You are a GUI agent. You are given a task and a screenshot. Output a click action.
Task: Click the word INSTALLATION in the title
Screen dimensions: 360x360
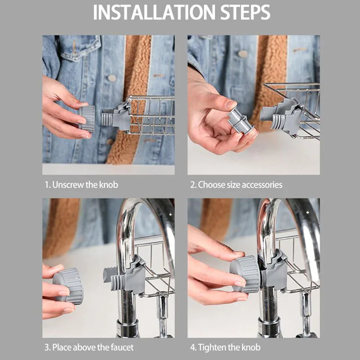[x=154, y=13]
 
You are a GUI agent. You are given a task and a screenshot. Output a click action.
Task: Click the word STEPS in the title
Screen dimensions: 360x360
[x=245, y=13]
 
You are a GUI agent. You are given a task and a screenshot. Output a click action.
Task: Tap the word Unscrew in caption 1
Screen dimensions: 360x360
[x=68, y=185]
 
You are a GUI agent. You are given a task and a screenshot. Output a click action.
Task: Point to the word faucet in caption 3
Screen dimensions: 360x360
[x=122, y=347]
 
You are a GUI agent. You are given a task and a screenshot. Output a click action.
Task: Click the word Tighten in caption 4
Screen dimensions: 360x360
[x=212, y=347]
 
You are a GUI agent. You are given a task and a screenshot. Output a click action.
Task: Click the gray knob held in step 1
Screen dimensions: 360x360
[x=87, y=119]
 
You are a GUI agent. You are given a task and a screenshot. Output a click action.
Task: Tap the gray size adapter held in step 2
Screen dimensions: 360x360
[x=240, y=121]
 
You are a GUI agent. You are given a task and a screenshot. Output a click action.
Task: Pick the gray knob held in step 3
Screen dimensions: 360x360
[x=68, y=286]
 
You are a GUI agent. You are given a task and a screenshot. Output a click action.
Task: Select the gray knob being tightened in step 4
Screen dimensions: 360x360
[x=246, y=274]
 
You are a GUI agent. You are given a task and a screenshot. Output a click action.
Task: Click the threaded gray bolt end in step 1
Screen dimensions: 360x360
[x=107, y=117]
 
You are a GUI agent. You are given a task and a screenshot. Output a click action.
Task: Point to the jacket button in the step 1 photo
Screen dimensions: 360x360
[x=112, y=78]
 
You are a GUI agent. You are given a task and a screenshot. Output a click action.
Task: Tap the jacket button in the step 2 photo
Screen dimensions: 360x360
[x=243, y=54]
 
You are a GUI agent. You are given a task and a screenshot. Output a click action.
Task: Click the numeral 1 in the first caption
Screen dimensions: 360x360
[x=47, y=185]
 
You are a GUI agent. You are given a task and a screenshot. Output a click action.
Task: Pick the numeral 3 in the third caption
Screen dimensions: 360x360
[x=47, y=347]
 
